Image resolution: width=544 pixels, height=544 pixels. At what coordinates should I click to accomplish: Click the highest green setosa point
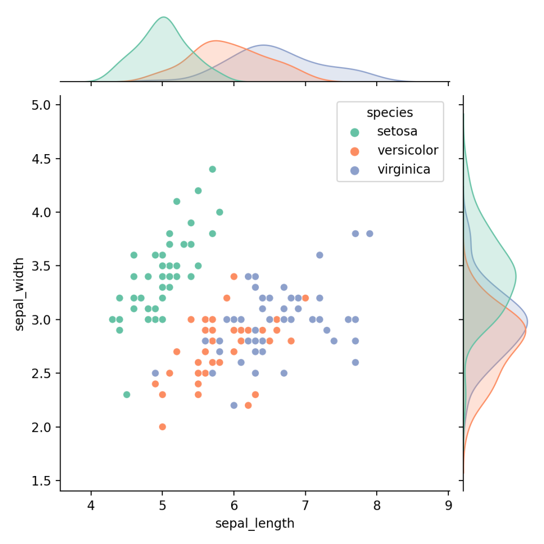pos(213,169)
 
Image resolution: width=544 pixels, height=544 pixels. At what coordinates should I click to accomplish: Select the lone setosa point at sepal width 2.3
pos(126,394)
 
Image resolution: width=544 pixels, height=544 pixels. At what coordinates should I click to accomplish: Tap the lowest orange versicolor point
pos(162,427)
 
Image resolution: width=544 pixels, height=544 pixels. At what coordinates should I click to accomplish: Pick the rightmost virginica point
pos(370,233)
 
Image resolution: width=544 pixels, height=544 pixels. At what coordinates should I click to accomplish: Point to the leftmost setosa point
pos(112,319)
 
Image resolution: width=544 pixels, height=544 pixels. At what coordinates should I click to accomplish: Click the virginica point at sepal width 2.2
pos(234,405)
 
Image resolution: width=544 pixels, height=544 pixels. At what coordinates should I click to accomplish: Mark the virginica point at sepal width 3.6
pos(319,255)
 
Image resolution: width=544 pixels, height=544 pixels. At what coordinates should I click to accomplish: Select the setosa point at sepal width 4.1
pos(177,201)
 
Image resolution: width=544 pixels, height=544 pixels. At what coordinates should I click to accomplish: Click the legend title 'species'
pos(390,113)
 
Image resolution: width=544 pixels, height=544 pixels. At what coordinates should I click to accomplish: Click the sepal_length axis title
pos(254,524)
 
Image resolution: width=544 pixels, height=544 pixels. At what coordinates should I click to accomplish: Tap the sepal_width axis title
pos(19,294)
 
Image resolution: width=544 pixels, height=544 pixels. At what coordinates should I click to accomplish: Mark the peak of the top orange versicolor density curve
pos(216,40)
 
